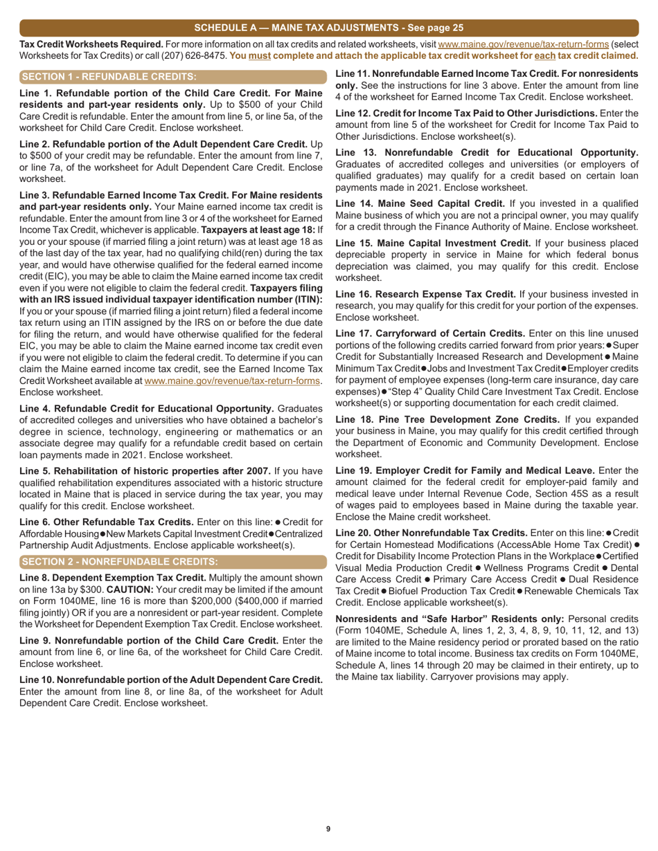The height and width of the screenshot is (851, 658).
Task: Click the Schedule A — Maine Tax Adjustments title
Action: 328,28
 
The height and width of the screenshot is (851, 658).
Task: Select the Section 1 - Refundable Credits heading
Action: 109,76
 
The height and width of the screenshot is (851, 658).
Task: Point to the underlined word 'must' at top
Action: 260,55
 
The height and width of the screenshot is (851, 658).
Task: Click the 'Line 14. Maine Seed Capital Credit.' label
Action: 420,203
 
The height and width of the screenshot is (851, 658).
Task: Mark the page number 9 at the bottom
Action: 328,829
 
